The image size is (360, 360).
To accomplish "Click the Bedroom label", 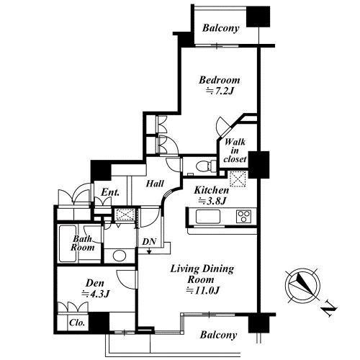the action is (x=220, y=80).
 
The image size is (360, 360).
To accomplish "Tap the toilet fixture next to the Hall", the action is (x=204, y=166).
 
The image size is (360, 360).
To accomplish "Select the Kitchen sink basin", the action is (x=208, y=217).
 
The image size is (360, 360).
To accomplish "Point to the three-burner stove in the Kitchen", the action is (x=243, y=217).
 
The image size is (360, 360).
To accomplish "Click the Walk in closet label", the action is (x=235, y=150).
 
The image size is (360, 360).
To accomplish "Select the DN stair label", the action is (x=149, y=242).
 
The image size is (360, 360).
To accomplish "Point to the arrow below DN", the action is (x=149, y=251).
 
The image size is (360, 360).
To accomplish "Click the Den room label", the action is (x=95, y=283).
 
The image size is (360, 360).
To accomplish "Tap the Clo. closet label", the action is (x=77, y=323).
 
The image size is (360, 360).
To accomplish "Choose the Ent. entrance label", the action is (x=110, y=192).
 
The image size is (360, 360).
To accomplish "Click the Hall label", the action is (x=155, y=184).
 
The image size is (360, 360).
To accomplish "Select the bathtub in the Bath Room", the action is (x=68, y=243).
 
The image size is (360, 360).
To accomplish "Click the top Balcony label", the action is (x=221, y=28).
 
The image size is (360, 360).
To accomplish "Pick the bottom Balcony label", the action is (x=218, y=335).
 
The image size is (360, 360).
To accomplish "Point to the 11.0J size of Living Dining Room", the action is (x=203, y=291).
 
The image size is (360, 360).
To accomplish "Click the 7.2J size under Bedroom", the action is (x=220, y=91).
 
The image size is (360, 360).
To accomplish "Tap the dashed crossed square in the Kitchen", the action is (x=238, y=179).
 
